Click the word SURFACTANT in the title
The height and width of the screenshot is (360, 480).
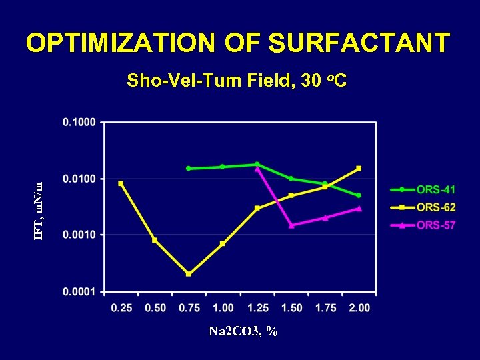tap(359, 43)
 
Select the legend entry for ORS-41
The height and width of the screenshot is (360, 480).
tap(436, 190)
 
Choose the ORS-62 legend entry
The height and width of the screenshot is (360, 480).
tap(436, 207)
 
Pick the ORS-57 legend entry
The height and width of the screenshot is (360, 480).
tap(436, 225)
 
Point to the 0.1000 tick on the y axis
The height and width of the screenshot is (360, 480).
tap(79, 122)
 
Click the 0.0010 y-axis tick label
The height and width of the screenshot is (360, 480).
tap(79, 235)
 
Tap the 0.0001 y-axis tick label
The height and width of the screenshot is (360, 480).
tap(79, 291)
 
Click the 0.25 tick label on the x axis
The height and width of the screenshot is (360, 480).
tap(121, 307)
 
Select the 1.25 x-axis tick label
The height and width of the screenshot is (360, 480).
tap(257, 307)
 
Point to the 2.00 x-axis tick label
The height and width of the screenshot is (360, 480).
tap(359, 307)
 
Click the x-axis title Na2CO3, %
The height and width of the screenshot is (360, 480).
tap(243, 331)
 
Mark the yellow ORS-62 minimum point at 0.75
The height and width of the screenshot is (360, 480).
tap(189, 273)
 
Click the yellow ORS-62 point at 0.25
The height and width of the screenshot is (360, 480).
tap(121, 183)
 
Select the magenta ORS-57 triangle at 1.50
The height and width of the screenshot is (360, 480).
tap(291, 225)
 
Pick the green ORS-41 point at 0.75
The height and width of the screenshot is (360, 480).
tap(189, 169)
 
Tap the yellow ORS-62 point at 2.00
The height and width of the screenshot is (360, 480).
tap(359, 168)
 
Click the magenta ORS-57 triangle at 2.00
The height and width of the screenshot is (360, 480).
tap(359, 208)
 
